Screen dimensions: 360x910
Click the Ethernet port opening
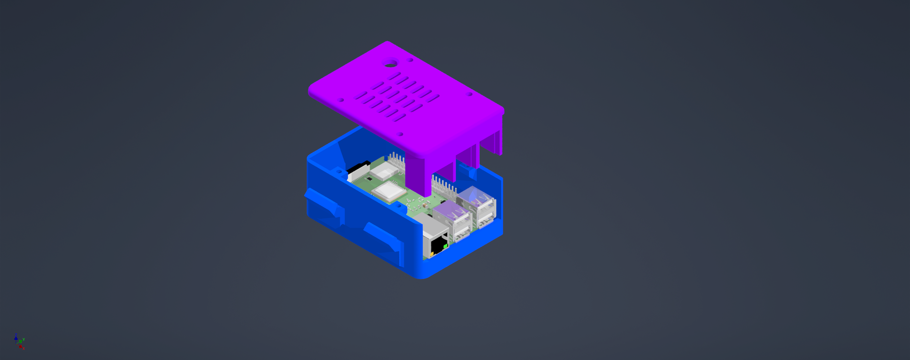438,245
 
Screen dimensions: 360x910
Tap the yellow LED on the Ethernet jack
432,254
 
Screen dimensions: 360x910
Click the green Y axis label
24,340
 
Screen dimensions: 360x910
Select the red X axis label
24,349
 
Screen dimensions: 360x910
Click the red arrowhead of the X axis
20,347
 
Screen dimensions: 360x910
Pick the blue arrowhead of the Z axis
16,338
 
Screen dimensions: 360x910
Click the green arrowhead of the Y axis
21,341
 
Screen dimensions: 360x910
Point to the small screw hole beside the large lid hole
410,60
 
